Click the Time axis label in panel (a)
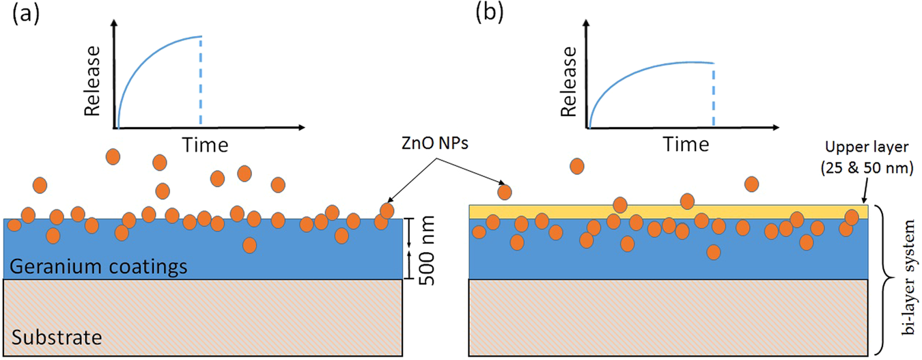click(x=204, y=144)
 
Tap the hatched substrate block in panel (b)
click(x=668, y=318)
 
